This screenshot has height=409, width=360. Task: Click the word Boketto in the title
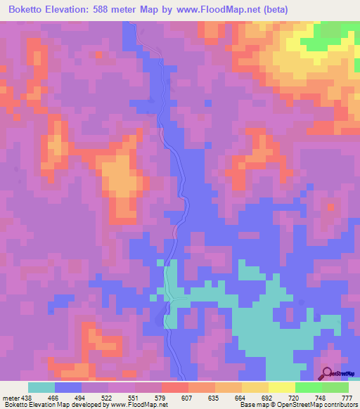(x=30, y=10)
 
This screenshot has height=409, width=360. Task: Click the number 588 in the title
(x=119, y=10)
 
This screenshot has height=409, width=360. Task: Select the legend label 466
(x=52, y=397)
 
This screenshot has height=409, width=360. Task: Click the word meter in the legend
(x=11, y=397)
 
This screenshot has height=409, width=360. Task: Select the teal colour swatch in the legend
(x=41, y=387)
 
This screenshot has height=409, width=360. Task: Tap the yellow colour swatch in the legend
(x=282, y=387)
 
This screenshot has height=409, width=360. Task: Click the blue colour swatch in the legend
(x=68, y=387)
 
